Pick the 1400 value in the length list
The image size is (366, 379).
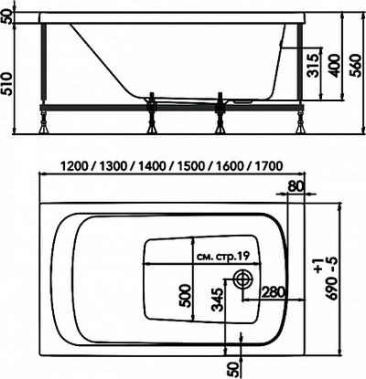click(x=155, y=166)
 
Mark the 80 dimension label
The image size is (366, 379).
click(x=295, y=188)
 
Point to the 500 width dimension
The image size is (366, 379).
click(x=185, y=295)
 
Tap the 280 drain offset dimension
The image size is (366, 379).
click(x=272, y=292)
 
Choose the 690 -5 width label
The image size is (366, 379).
click(x=342, y=283)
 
